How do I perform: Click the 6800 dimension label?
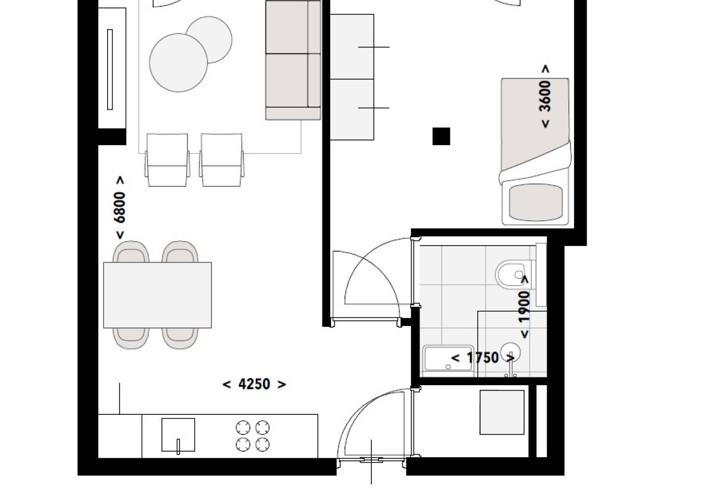[120, 208]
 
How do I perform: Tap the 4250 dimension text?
[254, 384]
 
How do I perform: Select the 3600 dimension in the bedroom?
[545, 96]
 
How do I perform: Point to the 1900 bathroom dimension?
[525, 307]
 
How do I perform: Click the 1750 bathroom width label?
[483, 358]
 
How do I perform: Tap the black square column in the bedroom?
[441, 136]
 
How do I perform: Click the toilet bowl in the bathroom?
[510, 275]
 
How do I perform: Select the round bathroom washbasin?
[510, 353]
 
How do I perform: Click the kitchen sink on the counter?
[178, 435]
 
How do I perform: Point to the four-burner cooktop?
[253, 436]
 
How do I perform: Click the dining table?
[158, 295]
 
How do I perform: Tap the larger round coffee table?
[178, 63]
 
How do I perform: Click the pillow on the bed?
[535, 203]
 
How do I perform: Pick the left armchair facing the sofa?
[167, 160]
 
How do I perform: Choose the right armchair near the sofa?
[221, 160]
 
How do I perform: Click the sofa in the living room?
[293, 60]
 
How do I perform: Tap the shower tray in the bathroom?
[448, 358]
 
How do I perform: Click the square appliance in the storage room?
[502, 413]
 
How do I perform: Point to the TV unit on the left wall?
[112, 68]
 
